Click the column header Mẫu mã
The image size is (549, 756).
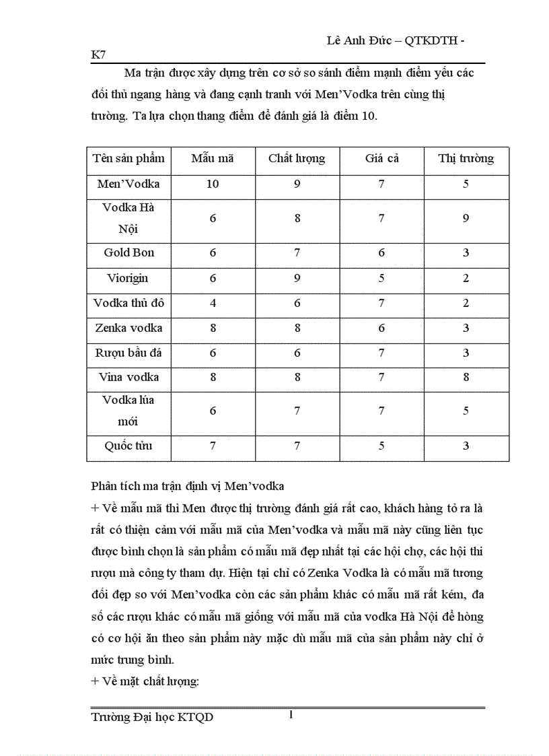click(x=213, y=159)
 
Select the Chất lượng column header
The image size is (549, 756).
click(x=297, y=159)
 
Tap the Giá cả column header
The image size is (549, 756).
click(x=381, y=159)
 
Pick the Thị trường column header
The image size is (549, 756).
click(x=466, y=159)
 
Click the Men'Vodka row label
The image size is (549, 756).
click(x=129, y=184)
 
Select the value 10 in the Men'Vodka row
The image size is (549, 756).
click(x=213, y=184)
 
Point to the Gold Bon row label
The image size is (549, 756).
click(x=129, y=252)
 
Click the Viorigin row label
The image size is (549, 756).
click(x=128, y=277)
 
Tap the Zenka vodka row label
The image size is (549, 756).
click(x=129, y=329)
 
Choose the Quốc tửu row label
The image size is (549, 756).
click(x=129, y=446)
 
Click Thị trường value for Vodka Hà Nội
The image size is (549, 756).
click(x=466, y=218)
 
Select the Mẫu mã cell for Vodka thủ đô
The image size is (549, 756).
click(x=213, y=303)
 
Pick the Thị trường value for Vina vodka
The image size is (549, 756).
click(x=466, y=377)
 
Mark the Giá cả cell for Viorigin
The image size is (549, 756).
click(x=381, y=277)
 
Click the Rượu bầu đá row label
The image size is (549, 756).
click(x=129, y=353)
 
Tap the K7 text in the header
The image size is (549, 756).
click(x=99, y=55)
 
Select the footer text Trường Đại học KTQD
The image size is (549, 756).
click(x=152, y=718)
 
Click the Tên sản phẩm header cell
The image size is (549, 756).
click(x=129, y=159)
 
